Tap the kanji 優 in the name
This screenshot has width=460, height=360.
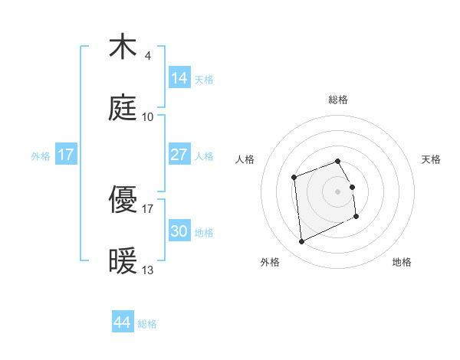(x=123, y=200)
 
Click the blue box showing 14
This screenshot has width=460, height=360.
(x=179, y=77)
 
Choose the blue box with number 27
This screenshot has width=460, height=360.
(x=179, y=155)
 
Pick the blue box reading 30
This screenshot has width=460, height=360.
(x=179, y=231)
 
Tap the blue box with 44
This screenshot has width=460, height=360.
(x=122, y=322)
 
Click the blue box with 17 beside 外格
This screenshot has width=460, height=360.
(x=66, y=155)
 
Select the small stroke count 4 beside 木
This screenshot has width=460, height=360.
(x=147, y=56)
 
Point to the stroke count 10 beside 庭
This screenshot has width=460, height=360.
(x=147, y=118)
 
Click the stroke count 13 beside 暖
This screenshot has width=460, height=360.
(x=148, y=270)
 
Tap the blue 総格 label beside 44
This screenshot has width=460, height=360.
(x=147, y=324)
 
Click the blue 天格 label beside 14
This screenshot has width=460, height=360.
(x=204, y=79)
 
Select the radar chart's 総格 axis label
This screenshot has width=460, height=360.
(x=338, y=100)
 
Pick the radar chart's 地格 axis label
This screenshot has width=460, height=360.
(x=402, y=262)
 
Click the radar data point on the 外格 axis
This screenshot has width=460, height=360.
(x=301, y=242)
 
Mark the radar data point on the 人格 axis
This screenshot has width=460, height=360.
(x=294, y=178)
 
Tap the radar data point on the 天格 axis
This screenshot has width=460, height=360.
(x=352, y=187)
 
